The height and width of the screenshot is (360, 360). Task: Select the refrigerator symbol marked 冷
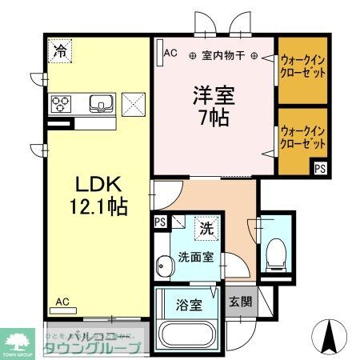click(x=60, y=51)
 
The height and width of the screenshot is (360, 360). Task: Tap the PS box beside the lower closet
click(x=319, y=168)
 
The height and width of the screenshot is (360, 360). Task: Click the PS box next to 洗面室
click(x=159, y=222)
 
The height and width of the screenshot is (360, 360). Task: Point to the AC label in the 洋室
click(x=170, y=53)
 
